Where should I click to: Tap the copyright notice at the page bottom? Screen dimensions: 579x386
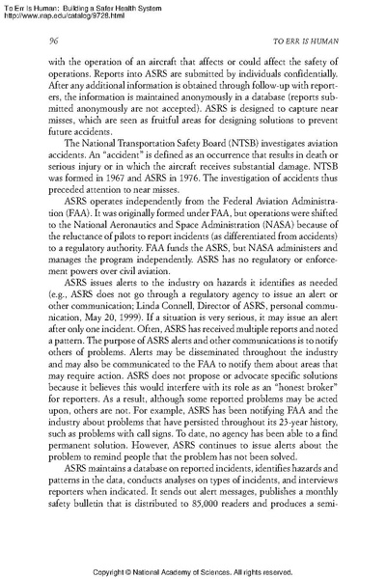(x=193, y=570)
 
